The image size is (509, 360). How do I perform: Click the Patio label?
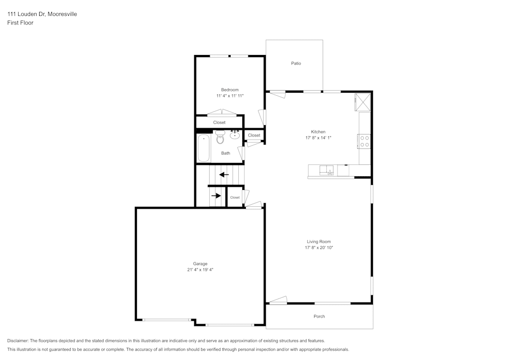coord(296,64)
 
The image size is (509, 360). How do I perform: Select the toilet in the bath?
coord(220,137)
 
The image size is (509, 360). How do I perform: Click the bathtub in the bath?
coord(204,148)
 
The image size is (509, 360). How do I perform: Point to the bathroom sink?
coord(235,135)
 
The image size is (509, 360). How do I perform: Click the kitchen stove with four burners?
coord(364,141)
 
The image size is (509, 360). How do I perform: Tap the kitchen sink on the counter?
coord(327,171)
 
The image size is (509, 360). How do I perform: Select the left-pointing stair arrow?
coord(224,175)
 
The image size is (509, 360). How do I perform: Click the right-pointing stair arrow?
coord(216,196)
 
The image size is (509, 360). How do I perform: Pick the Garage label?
coord(200,264)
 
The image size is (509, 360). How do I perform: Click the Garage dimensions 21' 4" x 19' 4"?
coord(200,270)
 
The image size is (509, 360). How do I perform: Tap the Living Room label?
coord(319,241)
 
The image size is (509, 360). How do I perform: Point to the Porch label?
coord(319,316)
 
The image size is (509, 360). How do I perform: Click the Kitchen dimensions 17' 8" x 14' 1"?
coord(318,138)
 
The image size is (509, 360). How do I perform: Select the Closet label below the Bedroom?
coord(219,122)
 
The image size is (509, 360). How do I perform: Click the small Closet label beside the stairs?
coord(235,198)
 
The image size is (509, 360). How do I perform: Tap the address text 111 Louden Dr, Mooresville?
coord(42,14)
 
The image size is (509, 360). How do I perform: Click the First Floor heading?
coord(20,23)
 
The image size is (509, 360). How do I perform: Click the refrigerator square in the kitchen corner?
coord(363,102)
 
